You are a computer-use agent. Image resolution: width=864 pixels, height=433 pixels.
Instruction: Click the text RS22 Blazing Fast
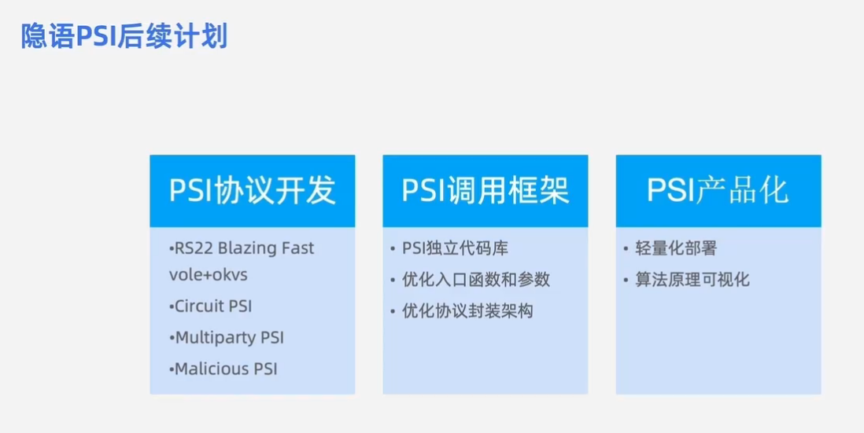coord(243,248)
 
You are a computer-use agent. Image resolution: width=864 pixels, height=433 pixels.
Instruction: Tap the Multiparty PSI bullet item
coord(228,338)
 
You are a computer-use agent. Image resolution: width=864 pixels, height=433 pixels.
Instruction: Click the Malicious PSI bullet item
coord(225,369)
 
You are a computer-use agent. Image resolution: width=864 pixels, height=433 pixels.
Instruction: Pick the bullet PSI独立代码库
coord(455,248)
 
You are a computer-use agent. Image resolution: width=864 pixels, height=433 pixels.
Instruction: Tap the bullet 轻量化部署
coord(676,248)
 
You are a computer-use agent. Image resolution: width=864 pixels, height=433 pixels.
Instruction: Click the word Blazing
coord(248,248)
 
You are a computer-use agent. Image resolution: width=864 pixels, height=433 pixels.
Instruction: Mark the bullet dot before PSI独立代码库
coord(393,249)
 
